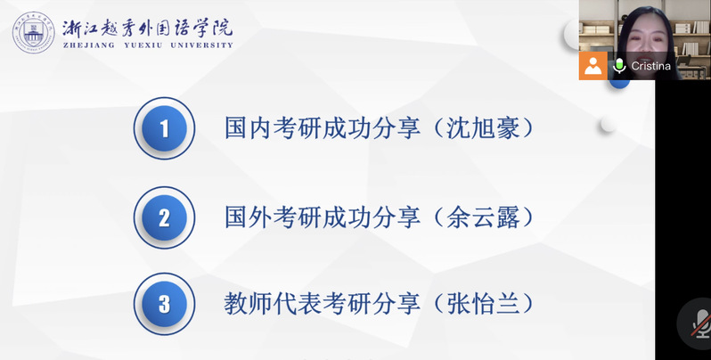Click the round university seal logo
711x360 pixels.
pos(34,33)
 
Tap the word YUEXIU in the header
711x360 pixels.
pos(143,45)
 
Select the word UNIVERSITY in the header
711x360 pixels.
pos(201,45)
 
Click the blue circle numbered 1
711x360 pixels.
pos(164,128)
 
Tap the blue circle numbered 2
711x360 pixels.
pos(164,217)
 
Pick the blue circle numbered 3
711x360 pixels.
pos(164,304)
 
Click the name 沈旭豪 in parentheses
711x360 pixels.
pos(484,128)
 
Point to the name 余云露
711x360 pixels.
pos(484,217)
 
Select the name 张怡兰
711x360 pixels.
pos(484,304)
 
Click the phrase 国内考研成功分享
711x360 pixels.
pos(323,128)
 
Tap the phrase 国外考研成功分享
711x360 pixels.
pos(323,217)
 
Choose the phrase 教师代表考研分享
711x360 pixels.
pos(323,304)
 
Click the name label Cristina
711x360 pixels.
pos(650,66)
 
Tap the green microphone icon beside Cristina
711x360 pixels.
pos(619,66)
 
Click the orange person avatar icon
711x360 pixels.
pos(592,66)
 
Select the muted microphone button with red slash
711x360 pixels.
pos(699,323)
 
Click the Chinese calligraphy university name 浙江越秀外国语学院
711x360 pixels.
pos(148,29)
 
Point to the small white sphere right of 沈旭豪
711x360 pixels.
pos(608,125)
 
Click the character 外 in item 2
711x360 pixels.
pos(261,217)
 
